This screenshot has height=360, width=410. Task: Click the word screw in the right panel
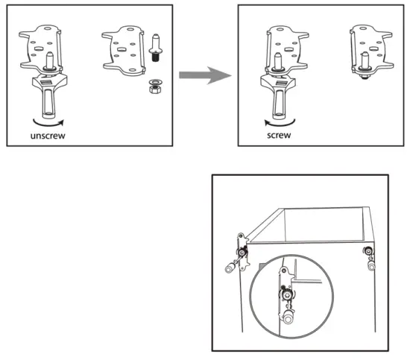point(280,136)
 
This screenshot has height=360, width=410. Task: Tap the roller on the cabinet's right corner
point(370,263)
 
